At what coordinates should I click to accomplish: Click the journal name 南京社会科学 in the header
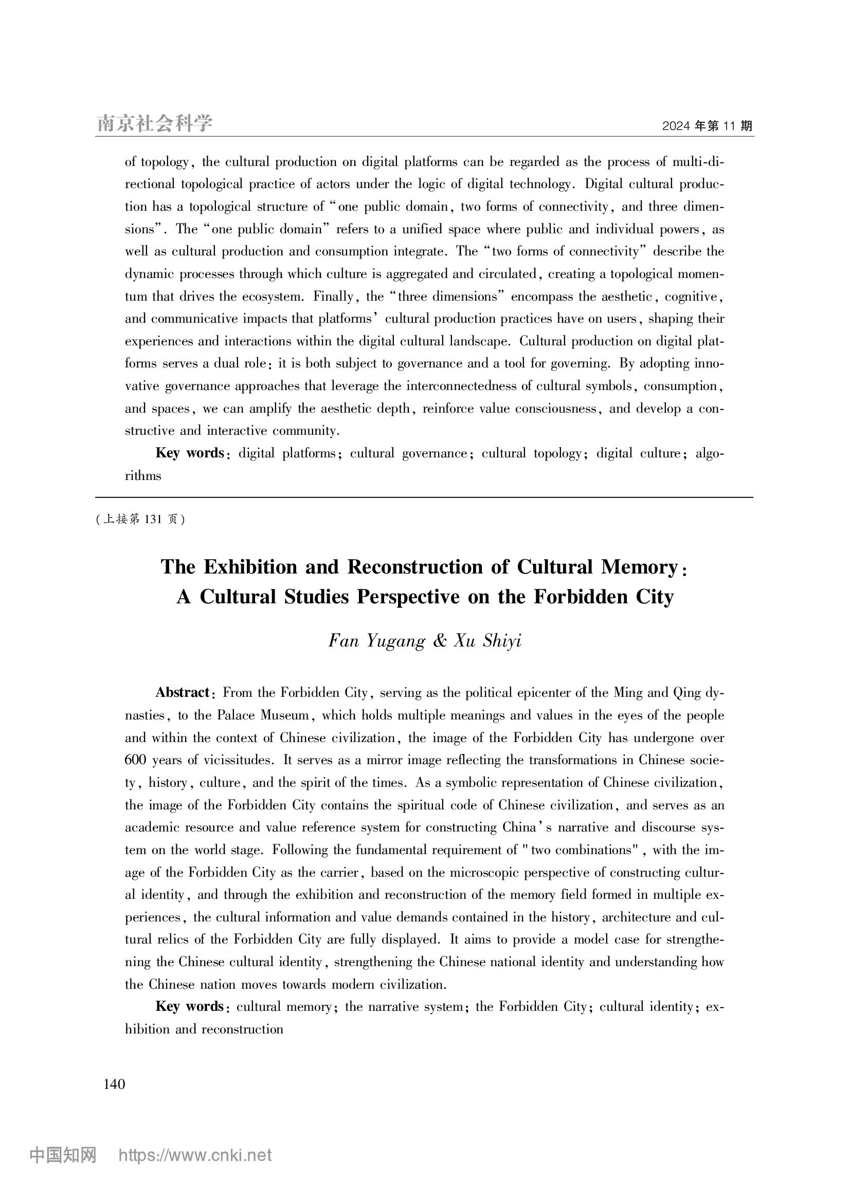155,123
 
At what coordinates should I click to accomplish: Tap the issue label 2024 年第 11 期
707,126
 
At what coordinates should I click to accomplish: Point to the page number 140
114,1084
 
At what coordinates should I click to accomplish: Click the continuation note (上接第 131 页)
140,520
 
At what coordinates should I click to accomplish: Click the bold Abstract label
182,693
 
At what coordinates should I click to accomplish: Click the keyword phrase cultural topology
531,453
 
